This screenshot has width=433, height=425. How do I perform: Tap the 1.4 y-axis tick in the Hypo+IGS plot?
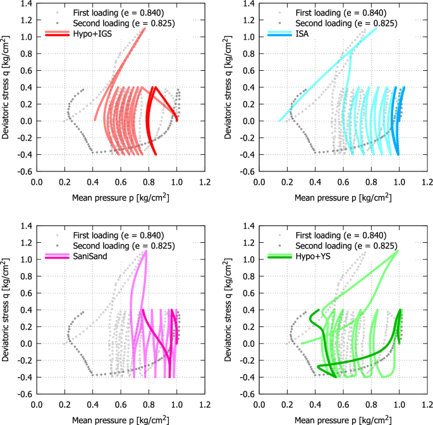pyautogui.click(x=25, y=4)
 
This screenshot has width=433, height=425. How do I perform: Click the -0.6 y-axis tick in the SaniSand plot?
pyautogui.click(x=24, y=394)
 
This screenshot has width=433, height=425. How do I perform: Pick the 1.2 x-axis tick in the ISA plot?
pyautogui.click(x=427, y=183)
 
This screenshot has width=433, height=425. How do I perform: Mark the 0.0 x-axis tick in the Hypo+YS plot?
pyautogui.click(x=259, y=405)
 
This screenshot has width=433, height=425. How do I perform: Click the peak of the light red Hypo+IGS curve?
pyautogui.click(x=145, y=28)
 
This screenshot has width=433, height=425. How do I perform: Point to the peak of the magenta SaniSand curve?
pyautogui.click(x=146, y=251)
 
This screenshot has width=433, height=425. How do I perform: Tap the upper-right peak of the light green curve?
pyautogui.click(x=398, y=251)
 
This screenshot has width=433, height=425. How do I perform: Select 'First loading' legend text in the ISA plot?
pyautogui.click(x=336, y=11)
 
